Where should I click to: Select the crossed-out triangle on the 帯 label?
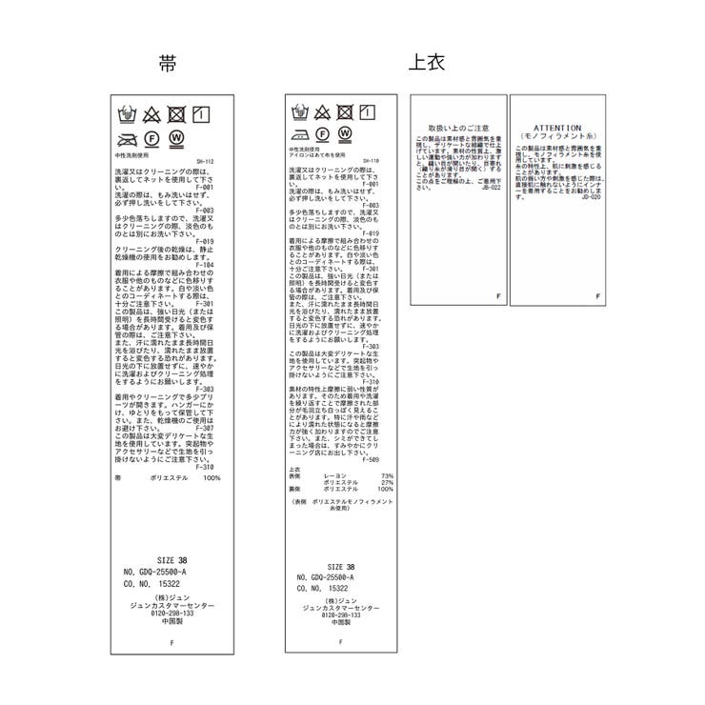[x=151, y=116]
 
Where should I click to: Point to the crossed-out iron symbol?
[x=125, y=139]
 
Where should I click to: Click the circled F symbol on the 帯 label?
[x=151, y=139]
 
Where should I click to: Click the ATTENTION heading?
[x=556, y=126]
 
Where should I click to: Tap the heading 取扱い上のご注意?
[x=458, y=127]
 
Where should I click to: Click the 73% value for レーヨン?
[x=387, y=475]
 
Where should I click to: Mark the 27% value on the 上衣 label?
[x=387, y=482]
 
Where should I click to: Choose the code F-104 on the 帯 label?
[x=207, y=264]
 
